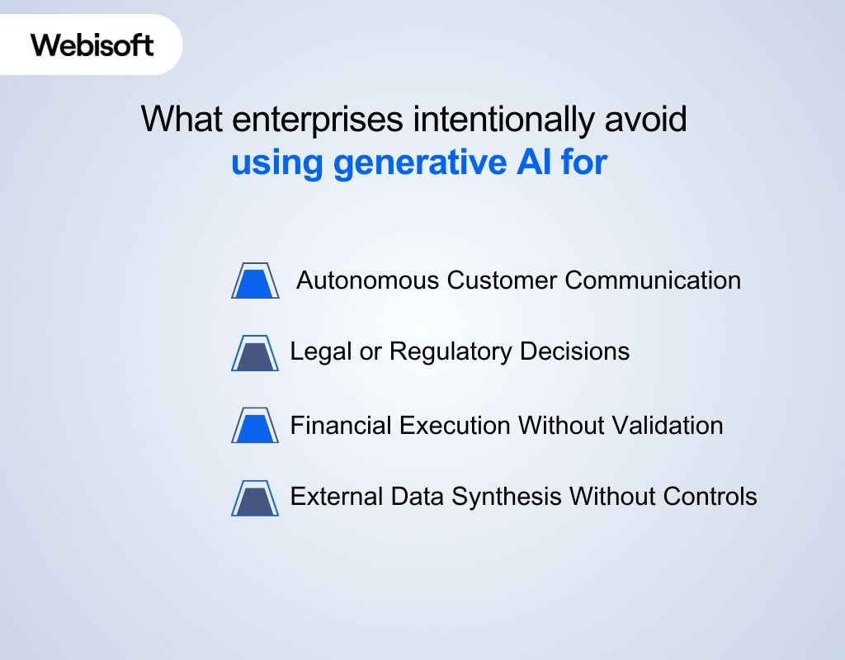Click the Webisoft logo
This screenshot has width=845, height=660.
pyautogui.click(x=92, y=45)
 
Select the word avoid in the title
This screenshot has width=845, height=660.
pyautogui.click(x=646, y=120)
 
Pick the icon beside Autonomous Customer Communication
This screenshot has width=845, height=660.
pyautogui.click(x=255, y=282)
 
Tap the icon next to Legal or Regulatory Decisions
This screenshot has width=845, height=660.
pyautogui.click(x=255, y=354)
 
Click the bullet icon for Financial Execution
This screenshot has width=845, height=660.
pyautogui.click(x=255, y=427)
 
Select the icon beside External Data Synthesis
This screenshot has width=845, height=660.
pyautogui.click(x=255, y=498)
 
